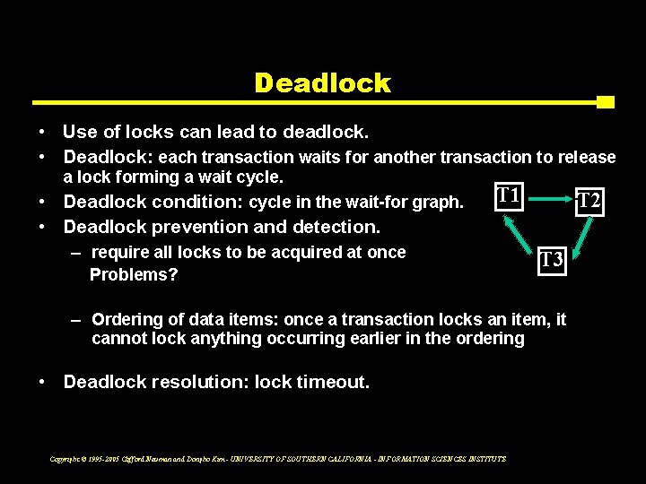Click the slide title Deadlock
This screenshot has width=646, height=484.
pyautogui.click(x=322, y=83)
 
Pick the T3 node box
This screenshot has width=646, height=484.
pyautogui.click(x=552, y=261)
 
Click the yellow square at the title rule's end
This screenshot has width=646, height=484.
pyautogui.click(x=605, y=101)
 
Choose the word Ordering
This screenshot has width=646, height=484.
pyautogui.click(x=127, y=319)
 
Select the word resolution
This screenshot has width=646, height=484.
pyautogui.click(x=199, y=382)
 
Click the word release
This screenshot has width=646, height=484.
pyautogui.click(x=587, y=157)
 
